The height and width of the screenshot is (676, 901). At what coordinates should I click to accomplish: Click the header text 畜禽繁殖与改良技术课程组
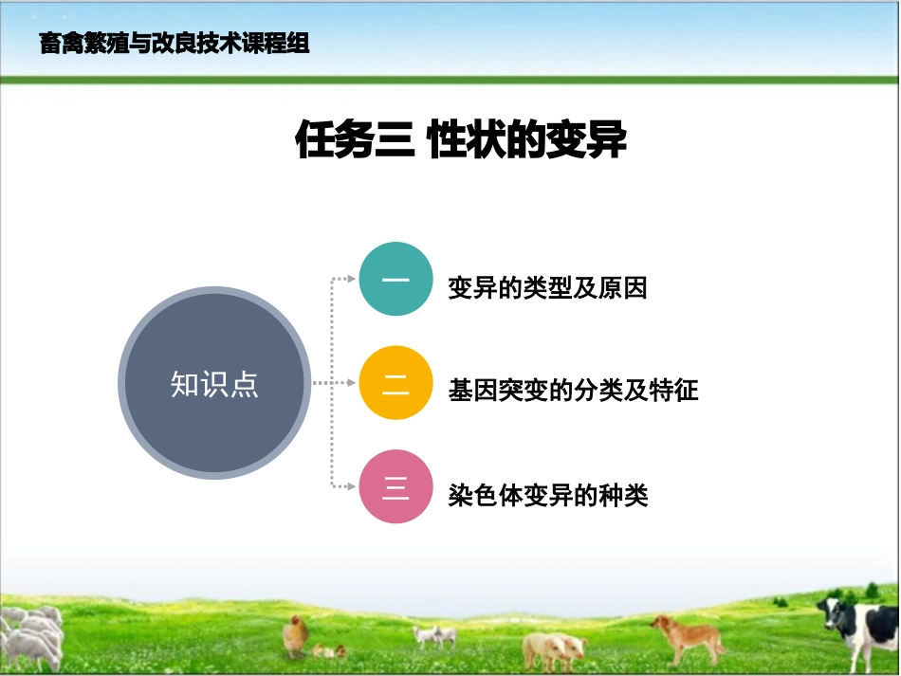point(175,43)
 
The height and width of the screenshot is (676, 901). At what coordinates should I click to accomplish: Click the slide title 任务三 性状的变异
point(461,141)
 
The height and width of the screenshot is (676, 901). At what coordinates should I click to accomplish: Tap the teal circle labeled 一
point(395,279)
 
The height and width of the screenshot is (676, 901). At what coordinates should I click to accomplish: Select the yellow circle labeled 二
point(395,384)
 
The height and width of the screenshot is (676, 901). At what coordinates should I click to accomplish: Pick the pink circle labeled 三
point(395,487)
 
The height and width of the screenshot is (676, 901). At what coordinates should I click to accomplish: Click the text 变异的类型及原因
point(547,288)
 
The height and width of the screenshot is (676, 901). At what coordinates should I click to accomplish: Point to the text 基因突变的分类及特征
point(573,390)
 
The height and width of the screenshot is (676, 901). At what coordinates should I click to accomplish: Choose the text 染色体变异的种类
point(547,494)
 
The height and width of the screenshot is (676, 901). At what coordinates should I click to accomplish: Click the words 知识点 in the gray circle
point(214,384)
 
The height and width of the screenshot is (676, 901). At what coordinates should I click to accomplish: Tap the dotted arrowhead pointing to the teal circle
point(352,279)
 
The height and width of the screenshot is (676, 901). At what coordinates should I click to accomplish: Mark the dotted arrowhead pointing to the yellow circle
point(352,384)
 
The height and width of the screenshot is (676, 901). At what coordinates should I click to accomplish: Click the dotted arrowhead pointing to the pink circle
point(352,487)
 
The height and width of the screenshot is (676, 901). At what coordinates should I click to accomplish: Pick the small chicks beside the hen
point(327,650)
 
